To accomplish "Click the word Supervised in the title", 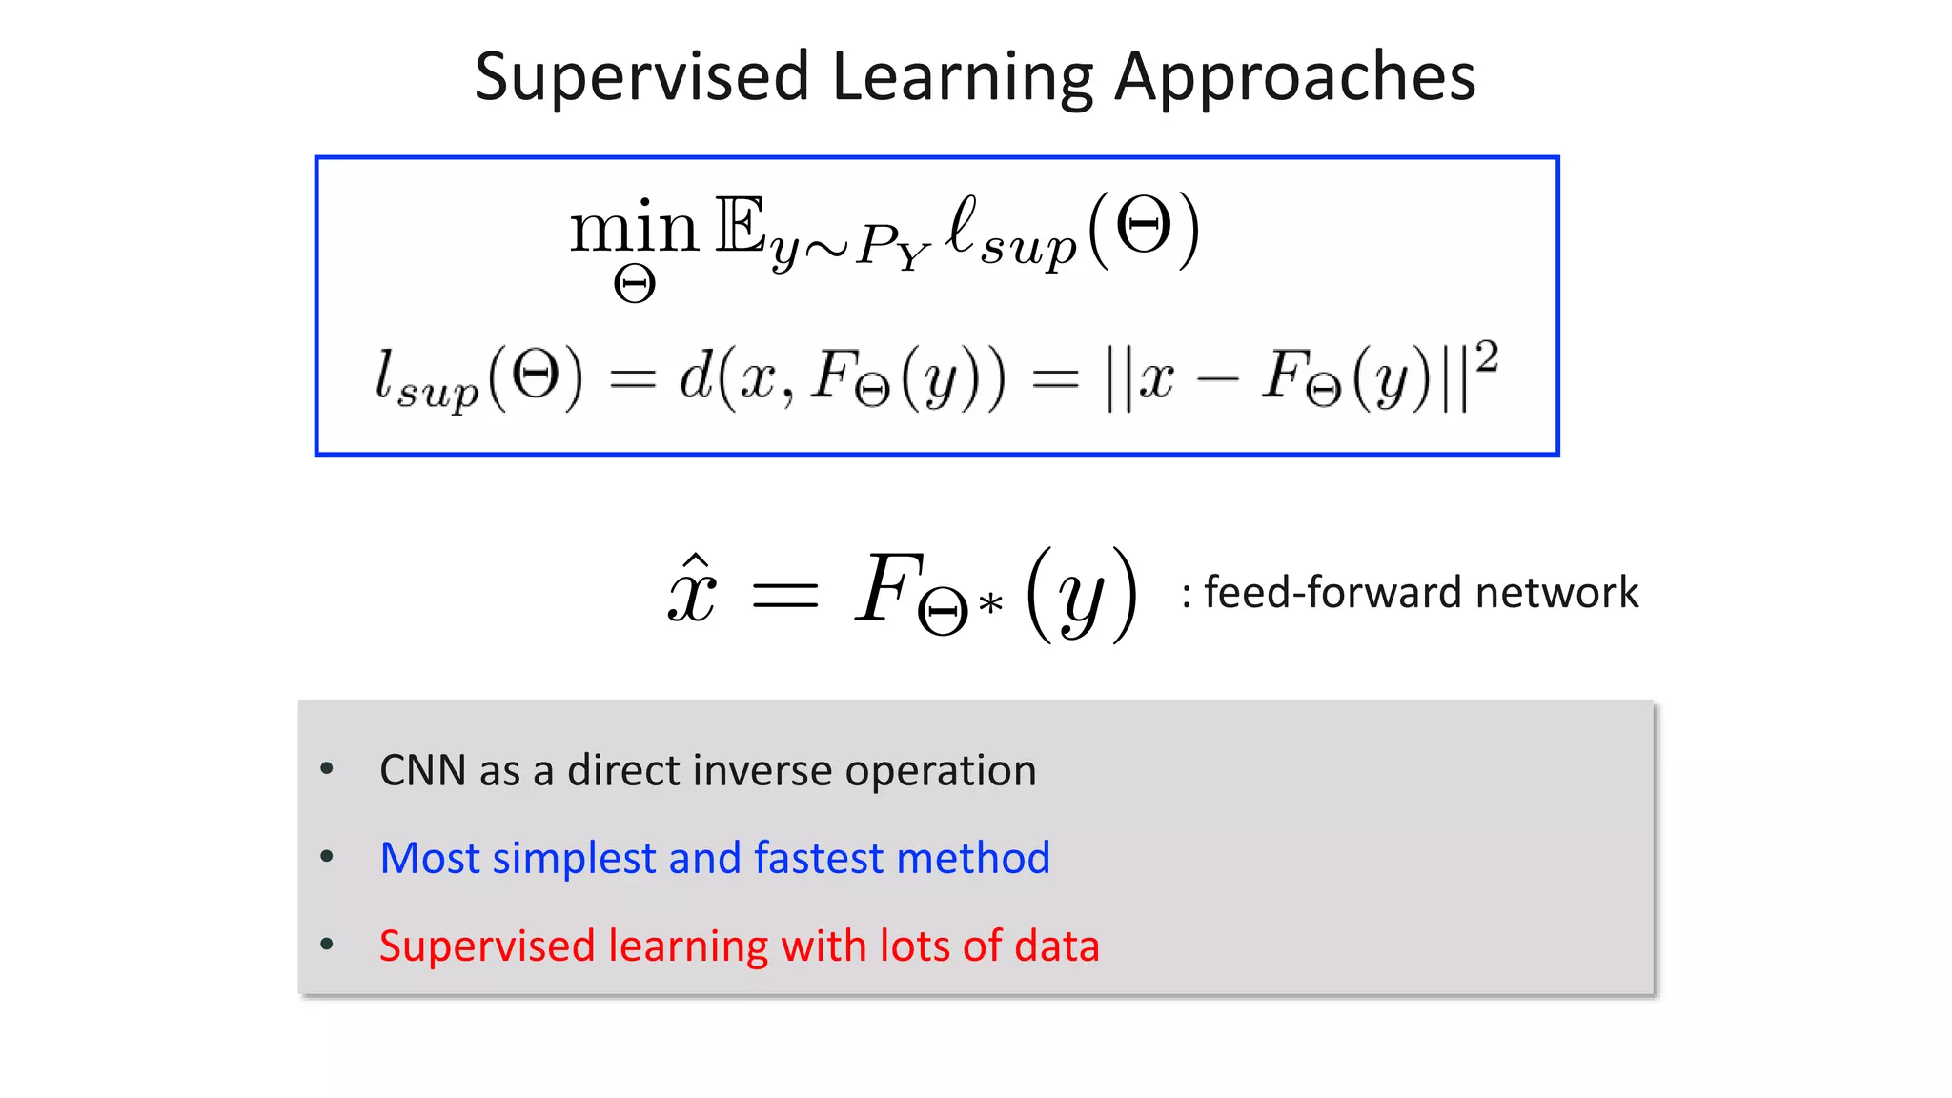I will pos(641,77).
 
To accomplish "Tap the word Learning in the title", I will pos(963,77).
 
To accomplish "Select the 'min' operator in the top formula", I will pos(634,229).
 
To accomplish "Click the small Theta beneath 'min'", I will pos(635,284).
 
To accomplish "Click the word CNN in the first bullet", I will pos(422,770).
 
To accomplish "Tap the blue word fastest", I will pos(819,858).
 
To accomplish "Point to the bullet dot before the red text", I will pos(327,945).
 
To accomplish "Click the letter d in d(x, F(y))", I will pos(697,376).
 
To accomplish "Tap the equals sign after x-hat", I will pos(784,595).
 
